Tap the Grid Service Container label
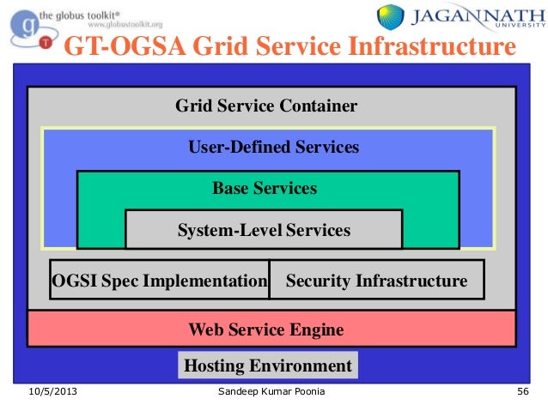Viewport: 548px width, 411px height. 266,106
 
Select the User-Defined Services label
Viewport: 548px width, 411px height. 273,148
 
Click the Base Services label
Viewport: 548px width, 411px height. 265,188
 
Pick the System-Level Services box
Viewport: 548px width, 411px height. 264,230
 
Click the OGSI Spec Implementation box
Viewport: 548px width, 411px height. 160,281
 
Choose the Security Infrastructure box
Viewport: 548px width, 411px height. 376,281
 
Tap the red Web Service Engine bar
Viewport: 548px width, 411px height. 271,329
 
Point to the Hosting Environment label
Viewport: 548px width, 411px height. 268,366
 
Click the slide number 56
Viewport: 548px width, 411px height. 521,392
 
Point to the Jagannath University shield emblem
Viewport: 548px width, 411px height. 391,16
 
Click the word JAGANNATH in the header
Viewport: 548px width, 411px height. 471,15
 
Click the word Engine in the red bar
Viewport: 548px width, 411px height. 314,329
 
